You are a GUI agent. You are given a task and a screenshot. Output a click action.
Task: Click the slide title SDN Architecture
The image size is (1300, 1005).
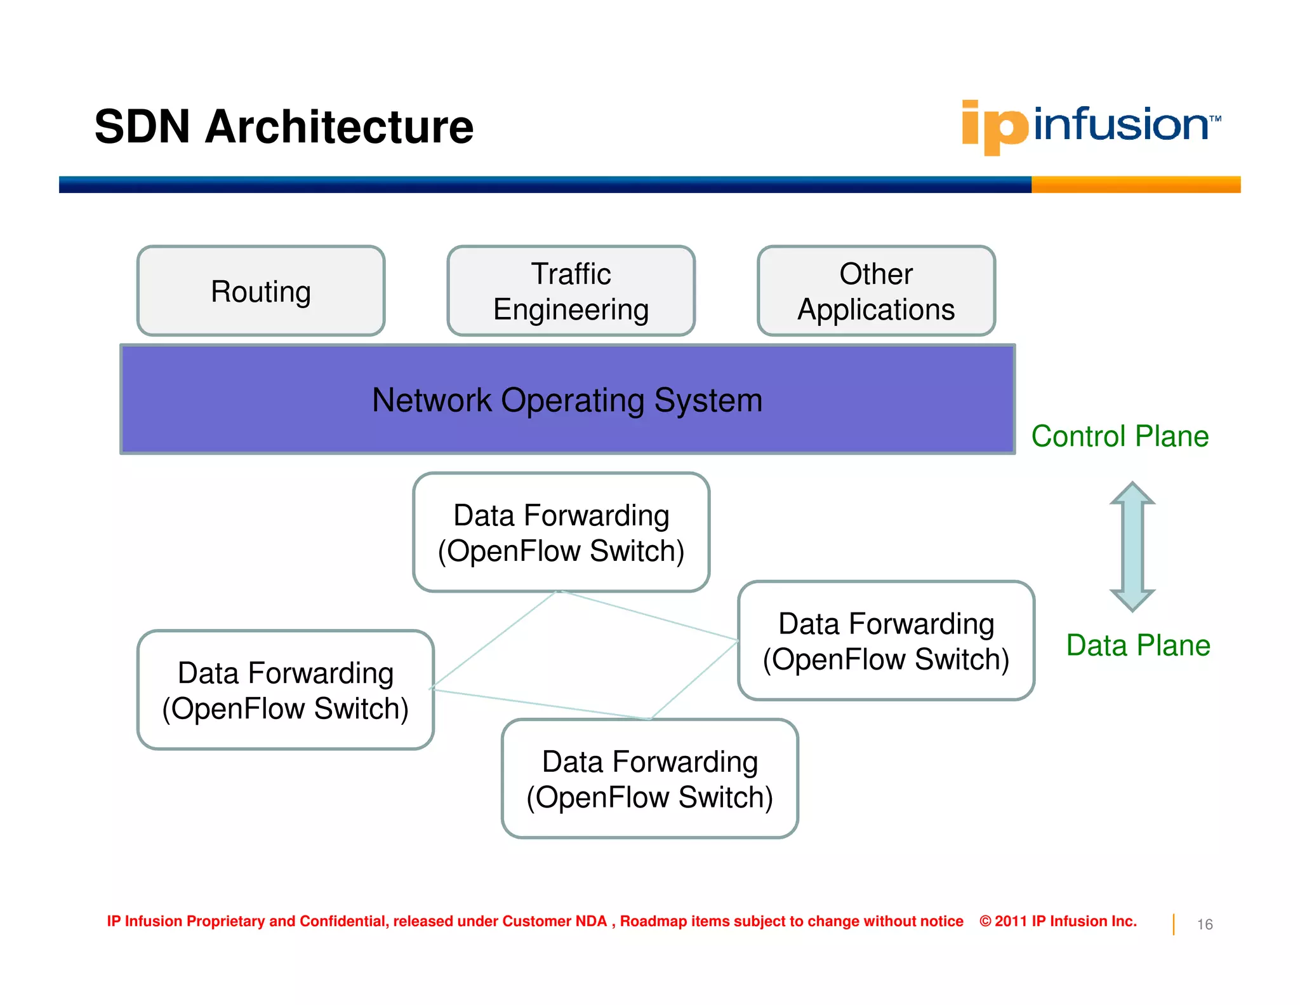pos(284,127)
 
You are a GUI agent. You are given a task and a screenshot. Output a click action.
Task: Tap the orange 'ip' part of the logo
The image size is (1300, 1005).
pos(995,127)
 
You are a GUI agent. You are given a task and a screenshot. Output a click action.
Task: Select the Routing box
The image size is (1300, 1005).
pos(261,291)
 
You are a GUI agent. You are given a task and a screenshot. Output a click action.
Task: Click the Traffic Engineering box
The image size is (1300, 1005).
pos(571,291)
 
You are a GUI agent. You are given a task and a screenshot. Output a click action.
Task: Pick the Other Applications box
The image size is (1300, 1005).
pos(876,291)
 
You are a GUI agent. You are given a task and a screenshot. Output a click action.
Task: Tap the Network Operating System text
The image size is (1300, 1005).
pos(567,400)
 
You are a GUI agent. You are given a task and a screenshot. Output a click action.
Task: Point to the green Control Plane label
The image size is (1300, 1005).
pos(1120,436)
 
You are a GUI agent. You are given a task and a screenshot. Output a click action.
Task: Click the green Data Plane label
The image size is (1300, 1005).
pos(1138,645)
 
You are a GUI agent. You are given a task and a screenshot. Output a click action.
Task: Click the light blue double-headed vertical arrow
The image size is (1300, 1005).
pos(1132,546)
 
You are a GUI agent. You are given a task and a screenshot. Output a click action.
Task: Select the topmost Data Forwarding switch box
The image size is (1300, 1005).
pos(561,532)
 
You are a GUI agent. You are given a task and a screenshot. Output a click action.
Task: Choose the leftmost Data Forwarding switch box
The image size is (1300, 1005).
pos(286,690)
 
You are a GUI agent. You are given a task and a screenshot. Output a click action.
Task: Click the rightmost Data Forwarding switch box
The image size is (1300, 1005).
pos(886,641)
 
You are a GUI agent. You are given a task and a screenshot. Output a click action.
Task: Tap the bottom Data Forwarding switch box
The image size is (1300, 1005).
pos(650,779)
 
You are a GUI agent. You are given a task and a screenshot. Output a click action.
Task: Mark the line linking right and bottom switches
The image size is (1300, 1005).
pos(694,680)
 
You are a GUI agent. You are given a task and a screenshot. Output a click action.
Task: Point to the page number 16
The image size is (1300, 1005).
pos(1205,924)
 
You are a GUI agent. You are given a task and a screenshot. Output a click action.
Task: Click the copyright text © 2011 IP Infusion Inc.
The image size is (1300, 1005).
pos(1058,921)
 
